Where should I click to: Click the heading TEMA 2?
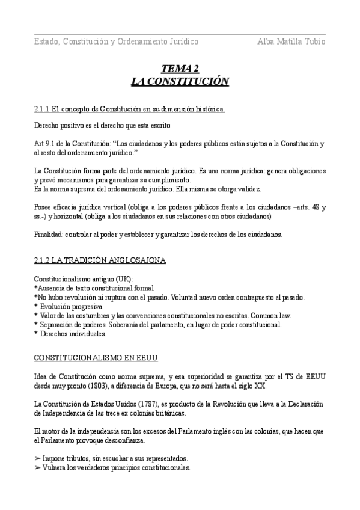[180, 69]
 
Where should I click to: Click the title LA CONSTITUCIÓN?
[180, 81]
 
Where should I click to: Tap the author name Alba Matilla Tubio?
[291, 41]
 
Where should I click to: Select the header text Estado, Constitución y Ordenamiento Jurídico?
[116, 41]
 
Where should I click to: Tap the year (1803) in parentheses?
[97, 386]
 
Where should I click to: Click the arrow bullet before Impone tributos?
[37, 458]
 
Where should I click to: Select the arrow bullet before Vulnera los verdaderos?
[37, 467]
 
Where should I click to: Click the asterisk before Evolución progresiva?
[36, 307]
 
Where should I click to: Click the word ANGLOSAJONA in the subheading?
[138, 260]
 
